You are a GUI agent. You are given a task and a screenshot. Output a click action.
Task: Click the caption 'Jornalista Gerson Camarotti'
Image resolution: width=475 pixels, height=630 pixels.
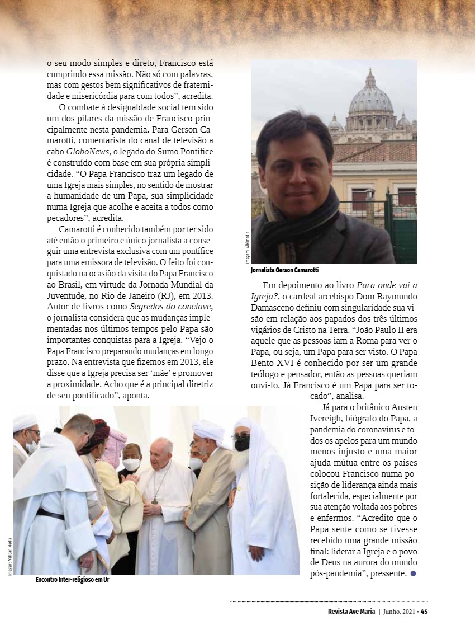coord(284,270)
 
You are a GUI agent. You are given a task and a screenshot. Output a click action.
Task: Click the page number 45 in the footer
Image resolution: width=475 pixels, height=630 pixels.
coord(424,611)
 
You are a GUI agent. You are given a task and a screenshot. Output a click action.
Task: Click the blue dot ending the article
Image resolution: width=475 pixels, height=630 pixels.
coord(413,573)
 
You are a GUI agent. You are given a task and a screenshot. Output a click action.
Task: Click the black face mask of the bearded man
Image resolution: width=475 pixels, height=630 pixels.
coord(242,443)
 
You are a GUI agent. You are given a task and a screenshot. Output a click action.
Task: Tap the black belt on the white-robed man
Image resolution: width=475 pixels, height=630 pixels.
coord(50,513)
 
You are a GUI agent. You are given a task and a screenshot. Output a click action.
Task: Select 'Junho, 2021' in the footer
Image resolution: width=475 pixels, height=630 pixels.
coord(398,611)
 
